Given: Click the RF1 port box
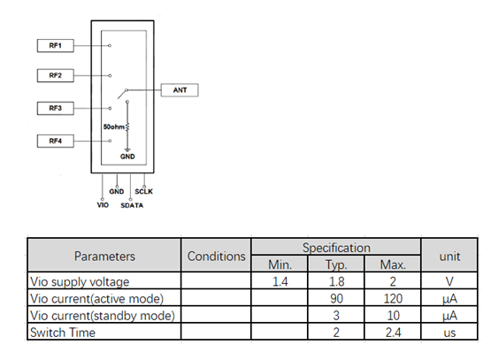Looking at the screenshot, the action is coord(56,46).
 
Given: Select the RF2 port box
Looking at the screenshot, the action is coord(56,75).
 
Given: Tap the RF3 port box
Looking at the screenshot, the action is coord(56,108).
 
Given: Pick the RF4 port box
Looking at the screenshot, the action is coord(56,141).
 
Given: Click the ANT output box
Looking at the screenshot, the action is coord(180,90).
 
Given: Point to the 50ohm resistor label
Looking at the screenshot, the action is coord(113,126).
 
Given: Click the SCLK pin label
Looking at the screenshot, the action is coord(143,191).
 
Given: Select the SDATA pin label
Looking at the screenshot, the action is coord(132,205).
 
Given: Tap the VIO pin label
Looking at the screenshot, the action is coord(103,205).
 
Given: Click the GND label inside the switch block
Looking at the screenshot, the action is coord(127,157).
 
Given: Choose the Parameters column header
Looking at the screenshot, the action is coord(104,257).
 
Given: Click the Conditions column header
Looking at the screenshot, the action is coord(217,257).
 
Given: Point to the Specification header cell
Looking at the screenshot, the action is coord(336,248).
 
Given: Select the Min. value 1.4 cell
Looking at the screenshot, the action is coord(280,281).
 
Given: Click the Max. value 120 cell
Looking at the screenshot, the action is coord(393,298).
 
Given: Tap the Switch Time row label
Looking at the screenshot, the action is coord(63,333).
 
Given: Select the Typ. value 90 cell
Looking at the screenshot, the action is coord(336,298).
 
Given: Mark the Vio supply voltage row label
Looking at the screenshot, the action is coord(80,282).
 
